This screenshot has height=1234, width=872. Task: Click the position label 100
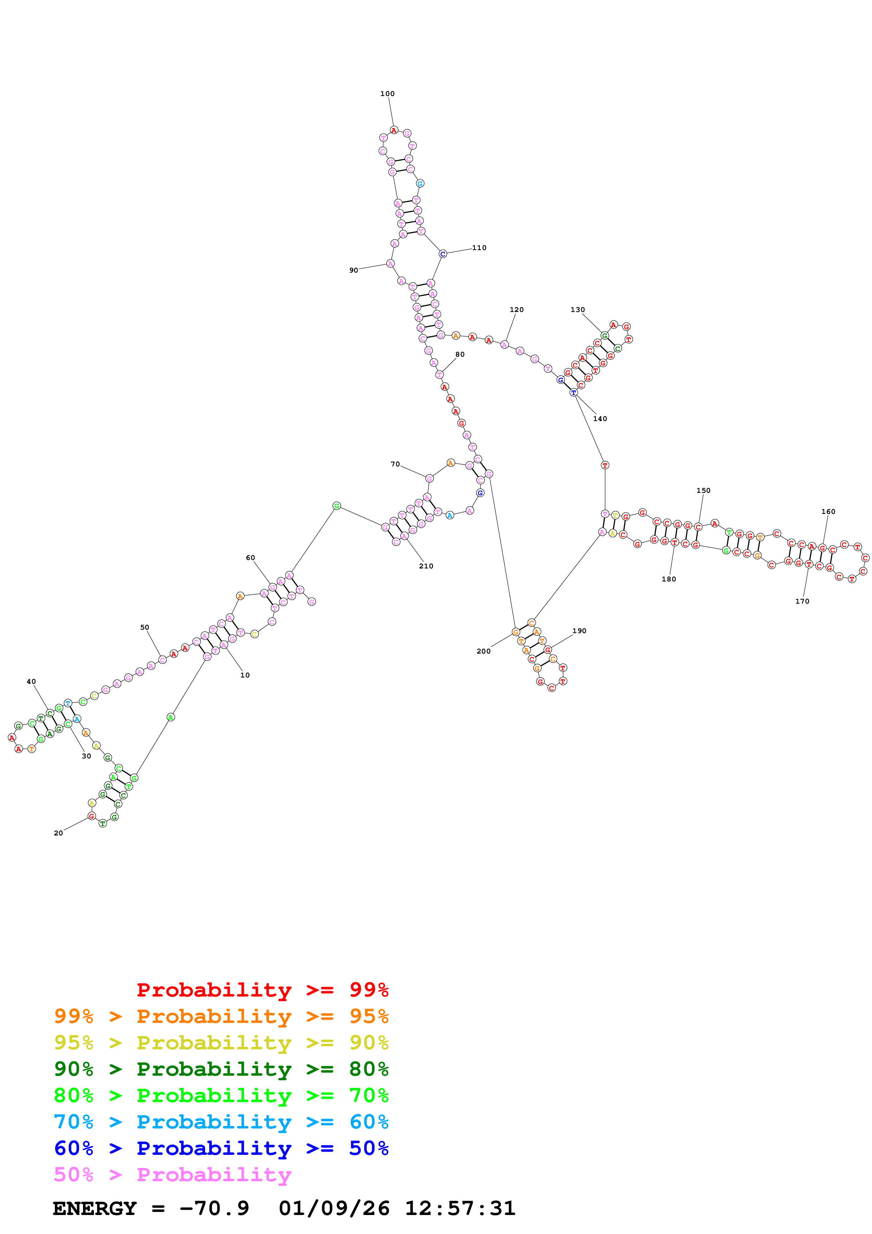click(x=387, y=94)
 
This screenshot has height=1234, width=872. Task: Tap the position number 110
click(x=479, y=248)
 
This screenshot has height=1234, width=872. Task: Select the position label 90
click(x=354, y=271)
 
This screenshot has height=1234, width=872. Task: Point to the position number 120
click(x=516, y=310)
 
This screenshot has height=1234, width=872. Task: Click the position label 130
click(x=578, y=310)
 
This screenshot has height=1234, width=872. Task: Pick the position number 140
click(x=600, y=419)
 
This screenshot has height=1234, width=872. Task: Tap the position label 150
click(x=703, y=490)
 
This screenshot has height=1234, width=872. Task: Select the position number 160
click(x=828, y=512)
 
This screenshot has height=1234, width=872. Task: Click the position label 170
click(x=802, y=602)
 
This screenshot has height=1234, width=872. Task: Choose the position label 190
click(x=579, y=631)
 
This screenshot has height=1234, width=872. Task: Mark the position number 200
click(x=484, y=651)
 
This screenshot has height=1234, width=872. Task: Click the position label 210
click(x=426, y=566)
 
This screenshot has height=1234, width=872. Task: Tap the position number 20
click(x=58, y=833)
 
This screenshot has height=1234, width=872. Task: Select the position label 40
click(x=31, y=681)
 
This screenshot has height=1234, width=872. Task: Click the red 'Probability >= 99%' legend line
click(x=262, y=990)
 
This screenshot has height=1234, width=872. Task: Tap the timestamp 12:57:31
click(x=460, y=1208)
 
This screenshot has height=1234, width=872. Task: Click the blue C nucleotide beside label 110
click(x=443, y=254)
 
